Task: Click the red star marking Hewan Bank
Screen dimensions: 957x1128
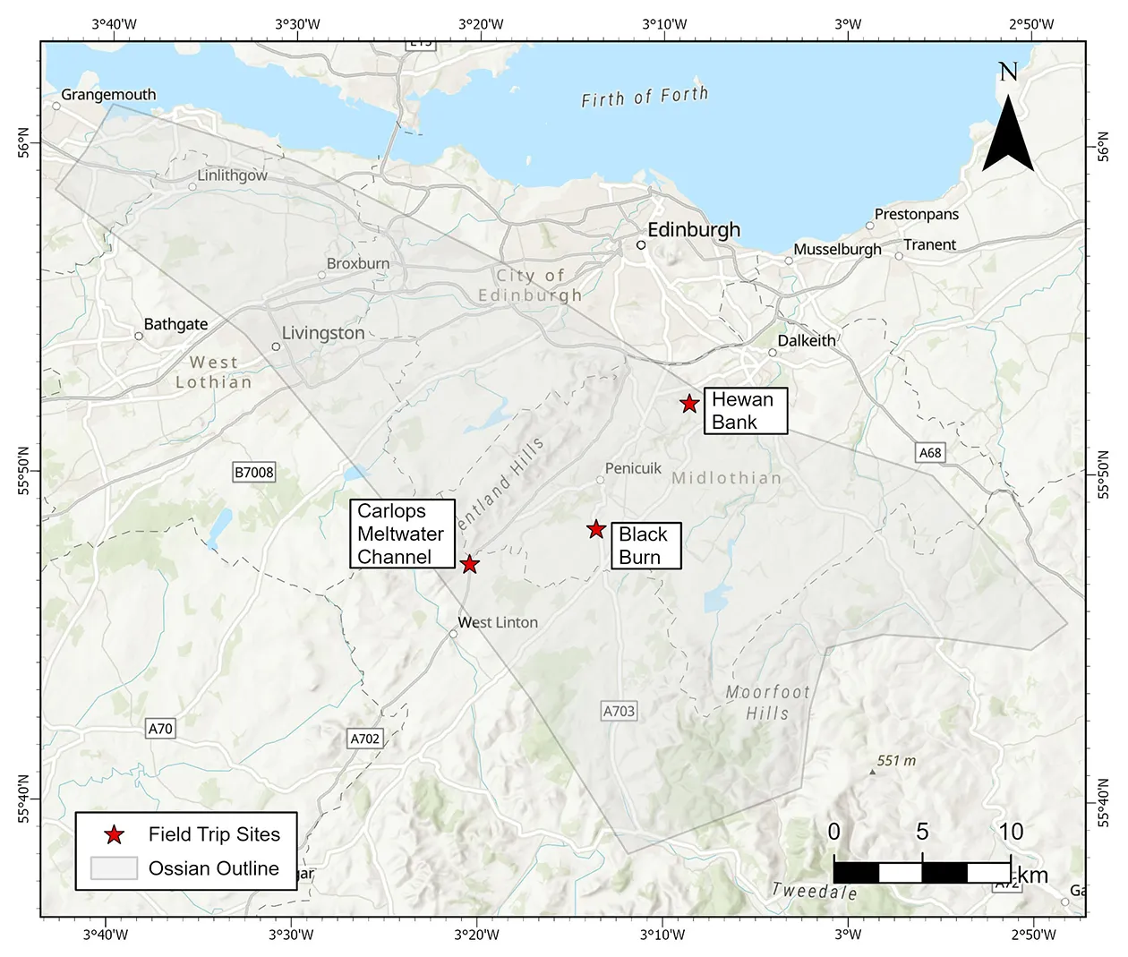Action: pyautogui.click(x=688, y=404)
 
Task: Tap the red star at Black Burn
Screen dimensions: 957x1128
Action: pyautogui.click(x=596, y=529)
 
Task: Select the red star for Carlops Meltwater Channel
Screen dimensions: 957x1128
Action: pyautogui.click(x=469, y=564)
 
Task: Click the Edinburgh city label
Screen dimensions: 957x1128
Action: pyautogui.click(x=694, y=230)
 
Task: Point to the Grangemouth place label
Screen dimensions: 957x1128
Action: pyautogui.click(x=108, y=95)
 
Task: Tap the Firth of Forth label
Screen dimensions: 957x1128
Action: pyautogui.click(x=645, y=97)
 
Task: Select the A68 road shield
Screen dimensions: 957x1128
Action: pyautogui.click(x=930, y=453)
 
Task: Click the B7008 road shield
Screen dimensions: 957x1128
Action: pyautogui.click(x=254, y=473)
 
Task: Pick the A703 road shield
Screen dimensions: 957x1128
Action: pyautogui.click(x=619, y=712)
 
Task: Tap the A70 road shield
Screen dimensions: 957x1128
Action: pyautogui.click(x=160, y=729)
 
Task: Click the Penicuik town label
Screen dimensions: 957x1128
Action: pyautogui.click(x=633, y=468)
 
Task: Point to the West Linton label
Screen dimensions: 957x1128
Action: pyautogui.click(x=498, y=622)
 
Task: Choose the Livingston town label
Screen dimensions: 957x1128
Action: pyautogui.click(x=323, y=333)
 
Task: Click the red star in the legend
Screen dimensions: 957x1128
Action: pyautogui.click(x=114, y=835)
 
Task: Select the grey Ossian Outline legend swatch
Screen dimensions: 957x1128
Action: pyautogui.click(x=113, y=868)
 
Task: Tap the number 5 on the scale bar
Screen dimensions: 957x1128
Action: pyautogui.click(x=922, y=832)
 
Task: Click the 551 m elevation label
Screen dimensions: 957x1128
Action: pyautogui.click(x=896, y=761)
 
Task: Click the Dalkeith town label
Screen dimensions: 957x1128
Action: pyautogui.click(x=806, y=340)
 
